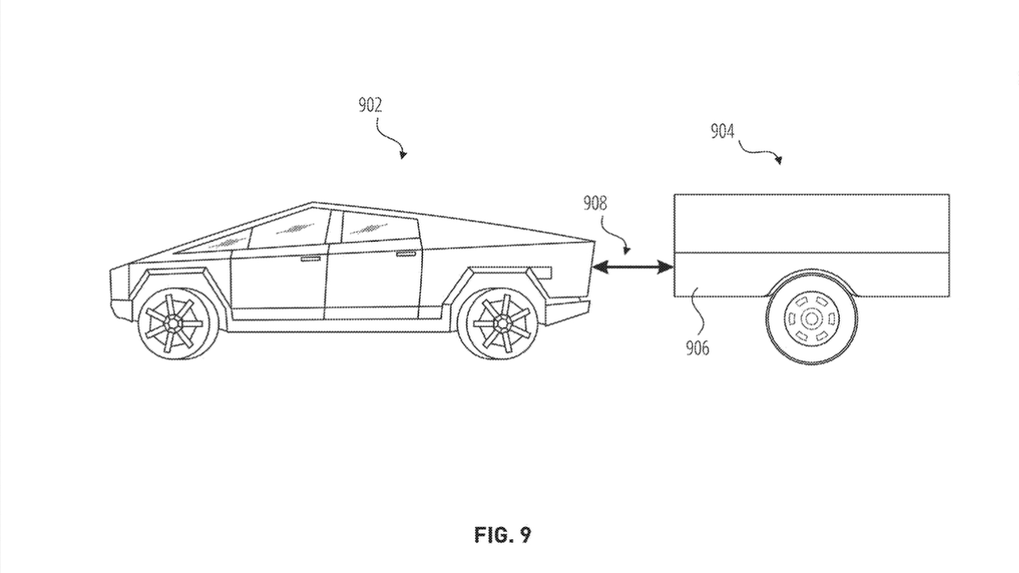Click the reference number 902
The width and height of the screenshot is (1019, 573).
coord(370,105)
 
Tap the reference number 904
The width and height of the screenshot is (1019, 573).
coord(722,131)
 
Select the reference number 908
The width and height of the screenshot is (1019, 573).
coord(594,203)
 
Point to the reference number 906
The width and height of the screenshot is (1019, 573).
coord(697,348)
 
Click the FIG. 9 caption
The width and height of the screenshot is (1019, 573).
coord(502,535)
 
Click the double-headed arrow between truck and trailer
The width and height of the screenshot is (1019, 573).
coord(633,267)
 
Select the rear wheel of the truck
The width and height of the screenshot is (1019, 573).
coord(500,322)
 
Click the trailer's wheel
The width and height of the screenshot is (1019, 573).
coord(811,319)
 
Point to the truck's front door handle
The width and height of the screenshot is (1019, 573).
coord(310,259)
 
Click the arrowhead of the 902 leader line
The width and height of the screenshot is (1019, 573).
coord(404,155)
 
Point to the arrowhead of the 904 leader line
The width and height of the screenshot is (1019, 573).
coord(779,160)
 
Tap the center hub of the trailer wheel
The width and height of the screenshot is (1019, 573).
coord(811,319)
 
